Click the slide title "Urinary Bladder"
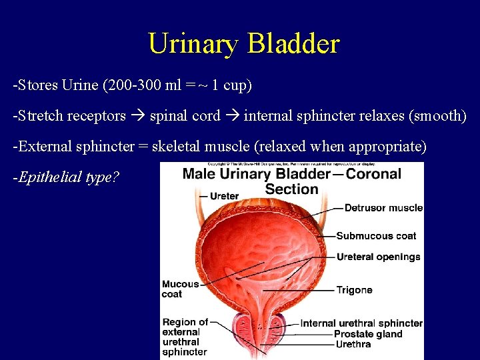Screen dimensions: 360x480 243,44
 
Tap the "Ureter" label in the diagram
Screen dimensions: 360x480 224,196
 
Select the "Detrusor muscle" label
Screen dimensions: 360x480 383,208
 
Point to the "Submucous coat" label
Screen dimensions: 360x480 376,235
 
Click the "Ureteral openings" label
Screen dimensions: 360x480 378,257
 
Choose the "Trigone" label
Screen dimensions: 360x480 354,290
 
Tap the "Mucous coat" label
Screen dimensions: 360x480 181,289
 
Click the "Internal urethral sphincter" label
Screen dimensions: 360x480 361,323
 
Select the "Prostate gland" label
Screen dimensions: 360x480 368,334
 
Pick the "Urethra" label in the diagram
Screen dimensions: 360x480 353,344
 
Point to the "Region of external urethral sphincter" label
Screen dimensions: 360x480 185,337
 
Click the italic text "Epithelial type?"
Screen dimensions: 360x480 66,177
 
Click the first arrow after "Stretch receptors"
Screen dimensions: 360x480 137,116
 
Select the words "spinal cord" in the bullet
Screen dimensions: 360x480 185,116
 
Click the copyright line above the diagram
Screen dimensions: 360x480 291,164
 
